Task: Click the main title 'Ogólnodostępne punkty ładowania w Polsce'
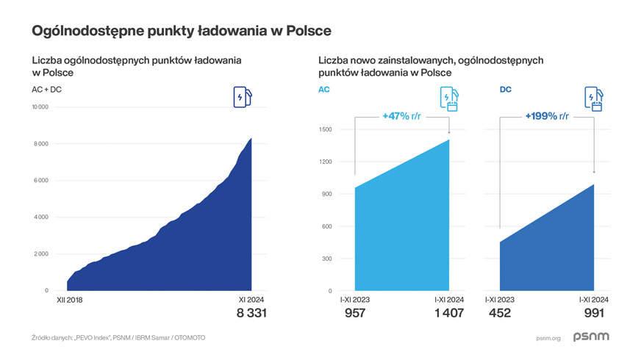(181, 31)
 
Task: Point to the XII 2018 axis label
(70, 300)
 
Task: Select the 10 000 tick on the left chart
(38, 107)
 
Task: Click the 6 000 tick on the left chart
(40, 181)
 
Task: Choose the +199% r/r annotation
(547, 116)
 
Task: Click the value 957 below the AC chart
(355, 314)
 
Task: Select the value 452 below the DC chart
(500, 314)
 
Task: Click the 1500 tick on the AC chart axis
(324, 130)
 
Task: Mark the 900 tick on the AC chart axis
(326, 194)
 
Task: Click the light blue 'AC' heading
(324, 89)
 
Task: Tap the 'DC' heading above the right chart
(506, 89)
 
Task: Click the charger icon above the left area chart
(243, 97)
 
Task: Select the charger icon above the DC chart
(593, 98)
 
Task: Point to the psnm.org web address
(548, 338)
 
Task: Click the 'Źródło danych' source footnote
(118, 337)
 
